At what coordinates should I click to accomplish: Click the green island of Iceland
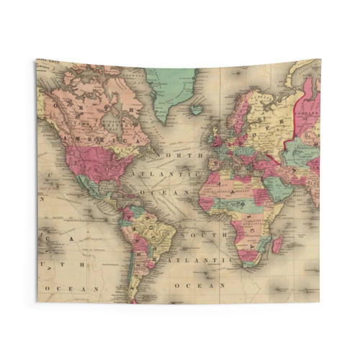click(x=196, y=110)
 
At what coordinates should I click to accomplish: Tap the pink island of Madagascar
click(x=277, y=246)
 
